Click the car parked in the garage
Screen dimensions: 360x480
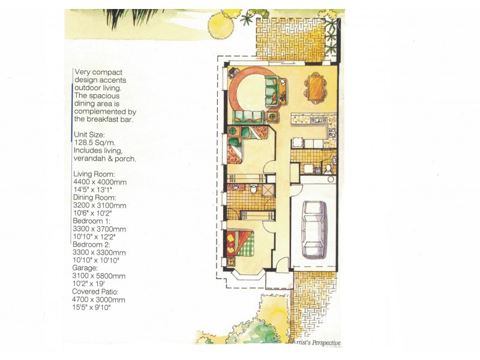pos(314,229)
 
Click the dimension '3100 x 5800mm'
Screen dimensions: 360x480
pos(99,276)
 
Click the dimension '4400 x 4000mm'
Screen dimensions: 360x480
pos(99,182)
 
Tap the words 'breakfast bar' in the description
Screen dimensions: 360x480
pos(111,120)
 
